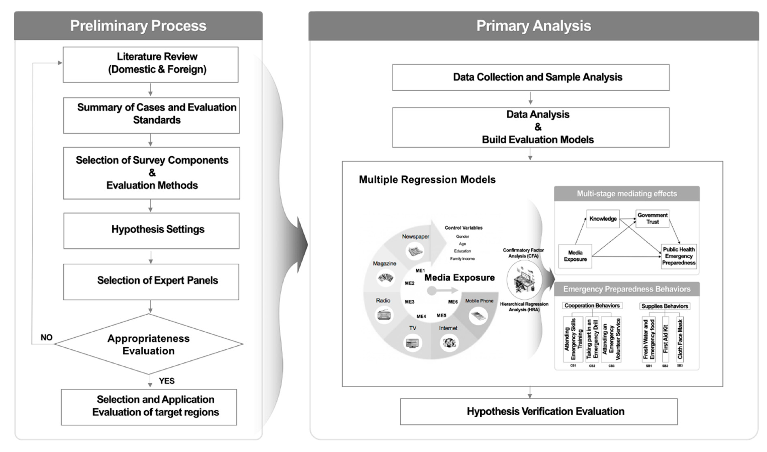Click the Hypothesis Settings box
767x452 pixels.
(x=151, y=231)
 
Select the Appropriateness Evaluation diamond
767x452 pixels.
(x=149, y=344)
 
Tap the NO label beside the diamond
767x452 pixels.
(x=46, y=337)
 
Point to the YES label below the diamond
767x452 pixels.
(x=167, y=381)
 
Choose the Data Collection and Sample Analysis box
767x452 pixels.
(x=531, y=77)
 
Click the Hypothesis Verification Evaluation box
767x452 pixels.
(x=538, y=412)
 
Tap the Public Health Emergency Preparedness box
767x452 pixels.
(x=678, y=256)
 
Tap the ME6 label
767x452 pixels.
(x=453, y=302)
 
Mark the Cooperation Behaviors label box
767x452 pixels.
(x=592, y=306)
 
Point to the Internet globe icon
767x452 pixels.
(x=449, y=343)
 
